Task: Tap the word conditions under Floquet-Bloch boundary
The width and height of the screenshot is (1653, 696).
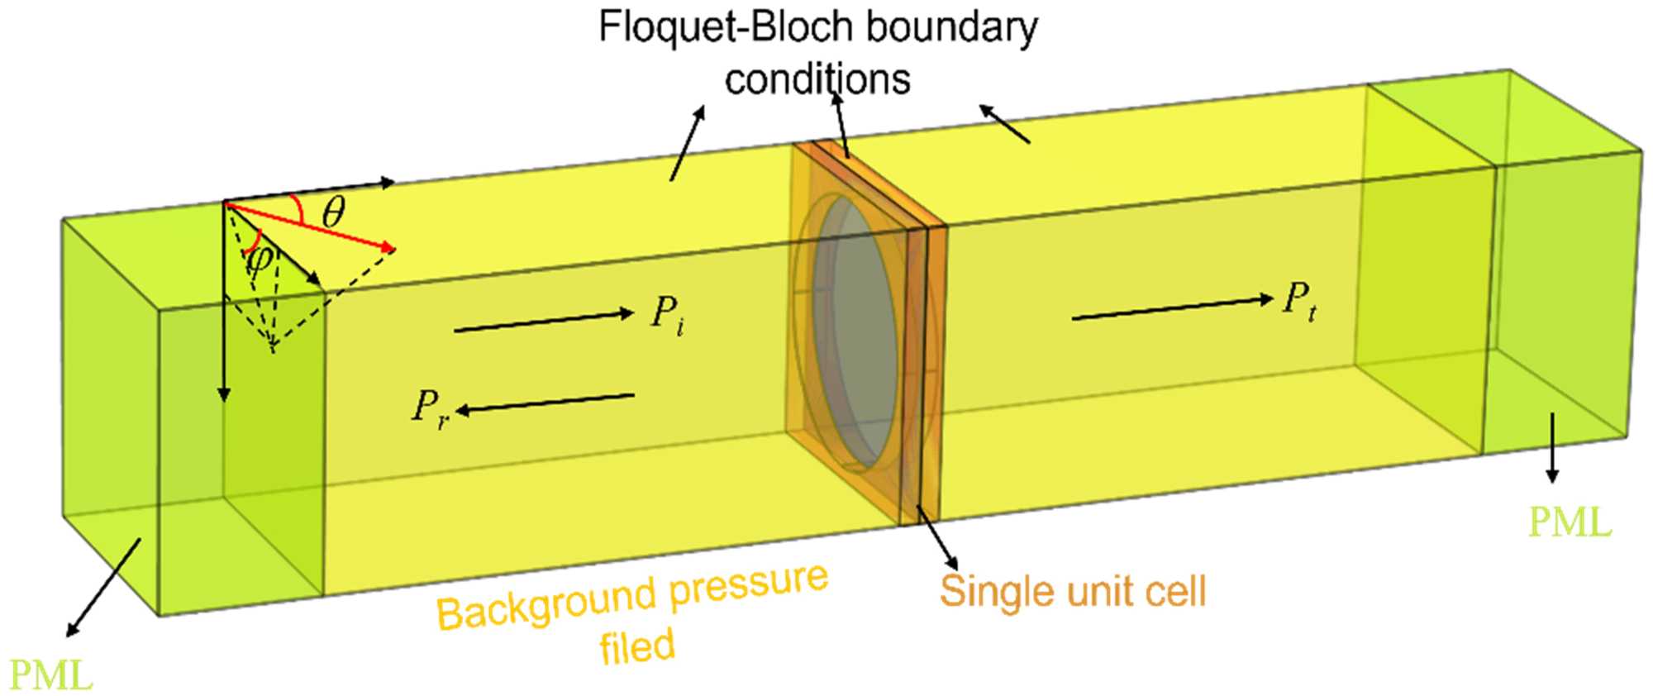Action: tap(817, 80)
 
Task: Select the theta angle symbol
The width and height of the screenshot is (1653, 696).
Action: tap(333, 212)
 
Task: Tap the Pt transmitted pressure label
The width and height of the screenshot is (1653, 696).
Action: tap(1299, 301)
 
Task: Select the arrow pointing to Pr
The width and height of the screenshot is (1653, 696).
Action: tap(545, 403)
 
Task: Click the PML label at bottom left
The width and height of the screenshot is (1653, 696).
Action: tap(51, 675)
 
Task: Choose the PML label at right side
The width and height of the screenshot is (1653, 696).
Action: tap(1570, 522)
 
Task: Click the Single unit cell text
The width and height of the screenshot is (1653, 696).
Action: tap(1073, 591)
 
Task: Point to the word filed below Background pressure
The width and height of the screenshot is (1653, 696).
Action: tap(637, 646)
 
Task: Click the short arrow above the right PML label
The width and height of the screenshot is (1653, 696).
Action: tap(1552, 446)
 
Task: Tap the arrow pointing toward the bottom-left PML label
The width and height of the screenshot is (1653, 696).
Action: tap(104, 587)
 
